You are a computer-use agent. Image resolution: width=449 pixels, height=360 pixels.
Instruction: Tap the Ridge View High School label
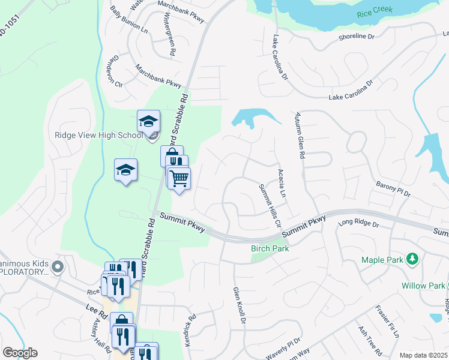tap(98, 135)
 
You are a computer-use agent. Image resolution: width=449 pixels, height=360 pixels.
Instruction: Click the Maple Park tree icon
tap(412, 259)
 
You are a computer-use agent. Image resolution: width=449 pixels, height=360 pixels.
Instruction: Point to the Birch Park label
tap(270, 248)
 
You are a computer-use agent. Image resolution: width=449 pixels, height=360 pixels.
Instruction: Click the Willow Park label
tap(423, 285)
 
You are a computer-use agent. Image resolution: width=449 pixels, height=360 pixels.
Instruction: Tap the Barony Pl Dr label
tap(393, 188)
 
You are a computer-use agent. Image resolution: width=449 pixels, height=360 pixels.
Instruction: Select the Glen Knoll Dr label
tap(240, 305)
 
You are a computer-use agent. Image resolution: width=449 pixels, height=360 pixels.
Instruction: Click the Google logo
tap(20, 353)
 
